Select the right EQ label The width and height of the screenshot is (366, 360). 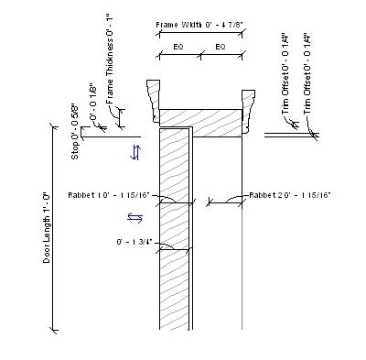[x=221, y=46]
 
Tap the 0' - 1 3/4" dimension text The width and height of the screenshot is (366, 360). [x=133, y=242]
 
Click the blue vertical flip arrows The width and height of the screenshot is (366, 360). [x=136, y=152]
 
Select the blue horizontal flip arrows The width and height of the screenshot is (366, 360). [x=135, y=217]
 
